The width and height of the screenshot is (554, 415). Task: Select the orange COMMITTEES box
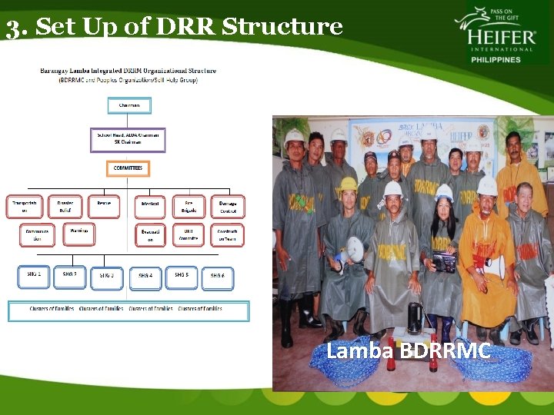click(128, 168)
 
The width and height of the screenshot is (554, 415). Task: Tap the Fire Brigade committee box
click(189, 206)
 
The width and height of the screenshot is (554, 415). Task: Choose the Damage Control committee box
click(228, 206)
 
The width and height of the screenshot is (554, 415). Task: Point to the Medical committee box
click(151, 206)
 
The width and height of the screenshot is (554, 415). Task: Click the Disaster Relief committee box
click(65, 206)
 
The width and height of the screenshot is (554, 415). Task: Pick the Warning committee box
click(78, 232)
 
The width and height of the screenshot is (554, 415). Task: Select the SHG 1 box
click(33, 275)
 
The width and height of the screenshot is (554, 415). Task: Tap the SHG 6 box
click(218, 277)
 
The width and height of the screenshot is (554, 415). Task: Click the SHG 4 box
click(145, 277)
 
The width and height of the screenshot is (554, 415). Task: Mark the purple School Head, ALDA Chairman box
click(128, 139)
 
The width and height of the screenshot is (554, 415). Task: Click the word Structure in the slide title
click(282, 27)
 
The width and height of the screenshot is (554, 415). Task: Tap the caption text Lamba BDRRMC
click(408, 351)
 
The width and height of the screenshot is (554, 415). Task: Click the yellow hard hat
click(349, 184)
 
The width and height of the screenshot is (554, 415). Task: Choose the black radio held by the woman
click(444, 261)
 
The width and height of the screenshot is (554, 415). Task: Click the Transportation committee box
click(25, 206)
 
